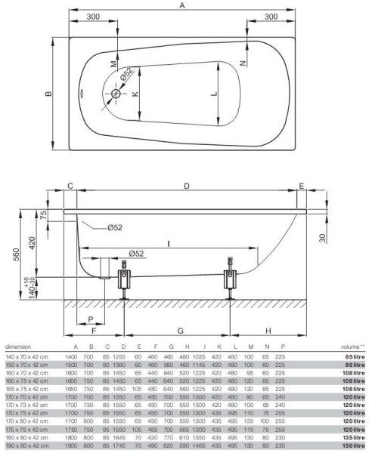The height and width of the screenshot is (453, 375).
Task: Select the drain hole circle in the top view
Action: point(116,94)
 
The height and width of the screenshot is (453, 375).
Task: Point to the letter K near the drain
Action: point(135,94)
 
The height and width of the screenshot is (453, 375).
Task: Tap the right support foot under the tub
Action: point(228,285)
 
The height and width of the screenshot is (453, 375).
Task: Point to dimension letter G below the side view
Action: point(175,330)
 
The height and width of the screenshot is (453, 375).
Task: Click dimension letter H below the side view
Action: point(268,330)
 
